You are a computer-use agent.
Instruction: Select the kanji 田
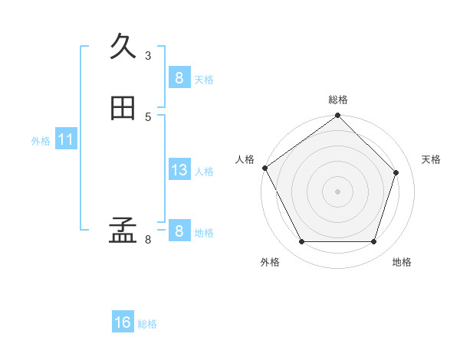[x=123, y=109]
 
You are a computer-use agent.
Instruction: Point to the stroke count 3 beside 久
[x=148, y=55]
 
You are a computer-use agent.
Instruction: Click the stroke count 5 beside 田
[x=148, y=116]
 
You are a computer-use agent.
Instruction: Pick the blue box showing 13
[x=179, y=170]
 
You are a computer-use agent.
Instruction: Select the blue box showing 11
[x=65, y=139]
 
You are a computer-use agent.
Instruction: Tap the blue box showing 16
[x=123, y=322]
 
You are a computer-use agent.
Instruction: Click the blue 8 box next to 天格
[x=179, y=78]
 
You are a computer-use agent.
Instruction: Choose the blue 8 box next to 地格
[x=179, y=231]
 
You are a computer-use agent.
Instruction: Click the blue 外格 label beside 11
[x=41, y=141]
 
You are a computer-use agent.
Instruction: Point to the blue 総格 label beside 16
[x=147, y=324]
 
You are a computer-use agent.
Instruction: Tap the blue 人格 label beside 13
[x=204, y=172]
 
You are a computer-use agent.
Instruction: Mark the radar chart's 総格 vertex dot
[x=337, y=116]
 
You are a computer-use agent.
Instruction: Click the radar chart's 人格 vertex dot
[x=265, y=168]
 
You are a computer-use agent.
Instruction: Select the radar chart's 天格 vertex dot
[x=396, y=172]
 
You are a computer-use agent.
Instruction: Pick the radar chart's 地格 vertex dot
[x=373, y=242]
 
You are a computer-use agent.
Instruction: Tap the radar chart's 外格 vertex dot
[x=301, y=242]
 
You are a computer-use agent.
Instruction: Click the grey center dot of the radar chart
[x=337, y=191]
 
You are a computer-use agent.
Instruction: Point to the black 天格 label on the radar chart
[x=431, y=159]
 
